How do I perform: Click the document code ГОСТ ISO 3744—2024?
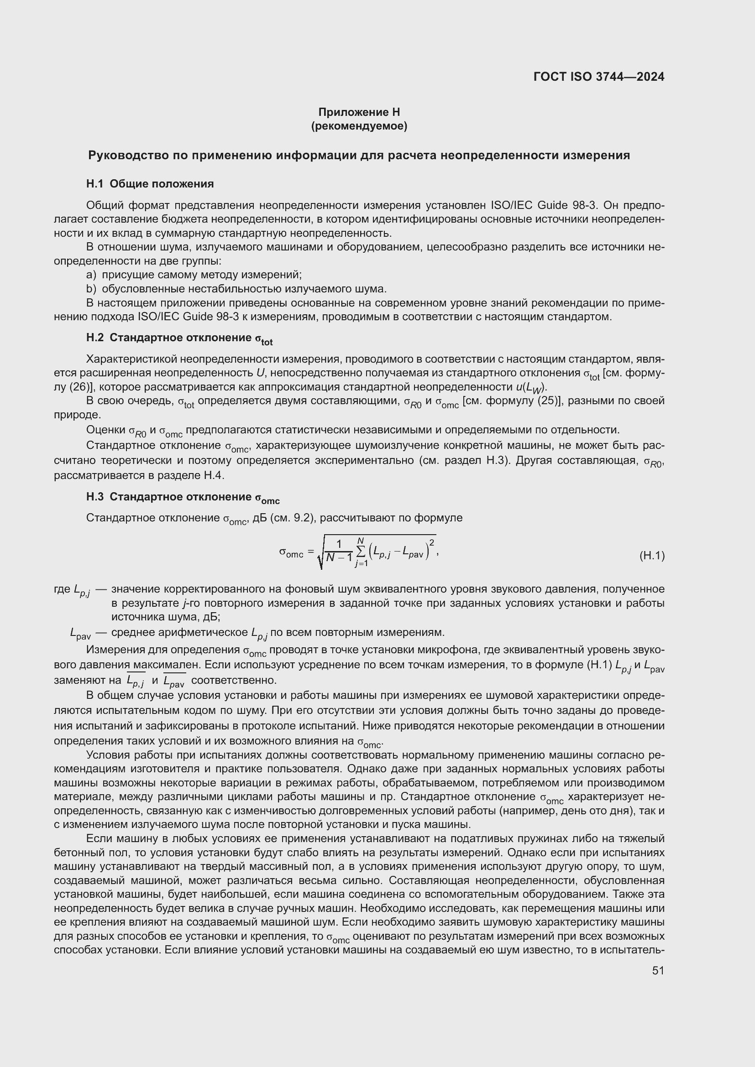(599, 77)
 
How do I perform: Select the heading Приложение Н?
(359, 112)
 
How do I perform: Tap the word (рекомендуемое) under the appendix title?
(359, 126)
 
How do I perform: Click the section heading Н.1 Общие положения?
(150, 184)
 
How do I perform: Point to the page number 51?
(658, 970)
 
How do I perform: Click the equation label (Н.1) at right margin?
(652, 555)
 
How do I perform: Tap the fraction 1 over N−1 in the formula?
(339, 551)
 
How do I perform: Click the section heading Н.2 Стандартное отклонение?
(179, 338)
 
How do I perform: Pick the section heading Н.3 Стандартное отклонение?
(183, 498)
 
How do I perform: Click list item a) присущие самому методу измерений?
(194, 275)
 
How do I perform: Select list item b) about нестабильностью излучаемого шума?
(236, 289)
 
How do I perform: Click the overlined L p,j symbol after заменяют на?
(135, 681)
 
